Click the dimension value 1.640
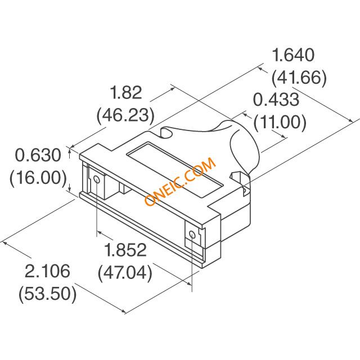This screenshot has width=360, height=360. click(x=293, y=55)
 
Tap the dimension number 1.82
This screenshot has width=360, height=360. click(x=126, y=92)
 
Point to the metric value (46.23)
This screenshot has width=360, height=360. click(x=125, y=115)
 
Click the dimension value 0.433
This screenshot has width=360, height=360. click(x=276, y=100)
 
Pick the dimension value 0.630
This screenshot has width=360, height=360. click(x=38, y=155)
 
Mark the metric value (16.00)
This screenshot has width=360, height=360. click(x=38, y=177)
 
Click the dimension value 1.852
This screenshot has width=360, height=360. click(x=125, y=250)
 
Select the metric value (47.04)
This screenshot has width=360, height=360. click(x=125, y=272)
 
